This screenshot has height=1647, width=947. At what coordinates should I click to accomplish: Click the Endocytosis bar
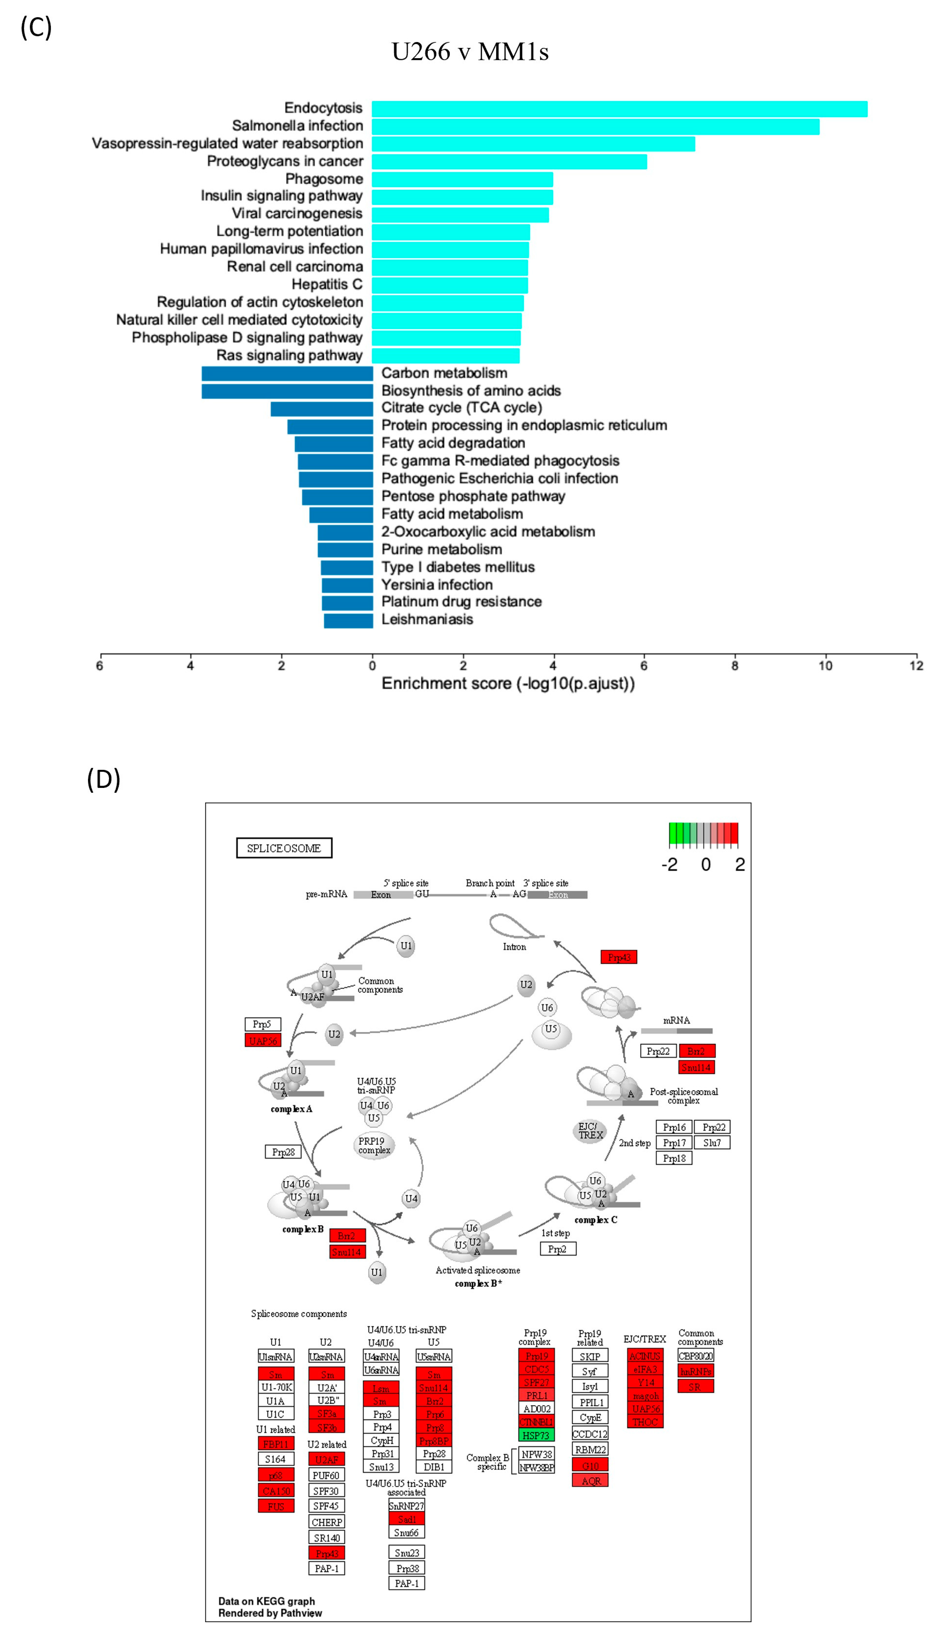click(x=619, y=109)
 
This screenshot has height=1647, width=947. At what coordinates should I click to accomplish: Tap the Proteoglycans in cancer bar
click(x=509, y=161)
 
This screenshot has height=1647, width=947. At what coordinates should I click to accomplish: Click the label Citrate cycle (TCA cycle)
click(x=461, y=408)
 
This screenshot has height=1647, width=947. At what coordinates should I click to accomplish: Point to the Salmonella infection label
click(x=297, y=125)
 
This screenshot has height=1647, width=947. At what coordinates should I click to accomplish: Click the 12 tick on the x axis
click(x=916, y=665)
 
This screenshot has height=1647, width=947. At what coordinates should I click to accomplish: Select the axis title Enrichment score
click(x=507, y=683)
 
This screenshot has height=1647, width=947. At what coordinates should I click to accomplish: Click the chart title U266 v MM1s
click(x=470, y=51)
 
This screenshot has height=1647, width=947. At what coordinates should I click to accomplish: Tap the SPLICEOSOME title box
click(x=284, y=848)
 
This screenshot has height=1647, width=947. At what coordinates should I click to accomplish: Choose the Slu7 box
click(x=712, y=1142)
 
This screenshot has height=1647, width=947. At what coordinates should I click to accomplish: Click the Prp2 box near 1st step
click(x=558, y=1249)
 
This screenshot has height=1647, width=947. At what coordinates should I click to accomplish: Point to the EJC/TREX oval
click(x=590, y=1131)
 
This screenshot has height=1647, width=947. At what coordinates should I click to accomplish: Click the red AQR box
click(x=590, y=1481)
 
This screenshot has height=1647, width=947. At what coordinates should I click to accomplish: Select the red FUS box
click(x=276, y=1506)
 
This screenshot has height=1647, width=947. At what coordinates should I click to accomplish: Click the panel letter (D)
click(x=103, y=779)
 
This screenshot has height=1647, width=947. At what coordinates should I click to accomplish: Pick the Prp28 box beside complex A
click(x=283, y=1151)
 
